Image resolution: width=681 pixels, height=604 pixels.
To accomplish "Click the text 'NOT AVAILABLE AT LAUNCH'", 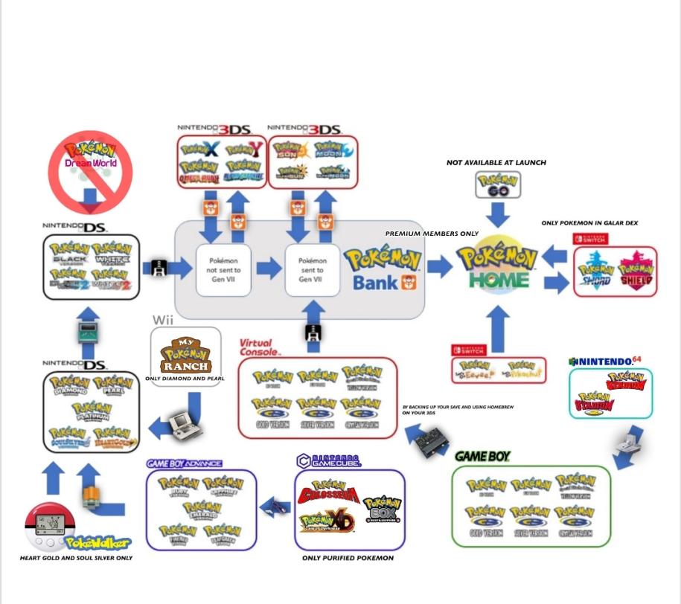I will [496, 162].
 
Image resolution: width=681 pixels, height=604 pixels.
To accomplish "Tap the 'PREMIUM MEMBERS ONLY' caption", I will [432, 234].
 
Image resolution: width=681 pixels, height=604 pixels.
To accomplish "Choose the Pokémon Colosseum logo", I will [328, 492].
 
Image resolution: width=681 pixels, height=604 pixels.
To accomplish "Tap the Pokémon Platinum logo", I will [92, 411].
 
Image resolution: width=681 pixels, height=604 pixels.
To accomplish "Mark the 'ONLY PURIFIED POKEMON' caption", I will [348, 558].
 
